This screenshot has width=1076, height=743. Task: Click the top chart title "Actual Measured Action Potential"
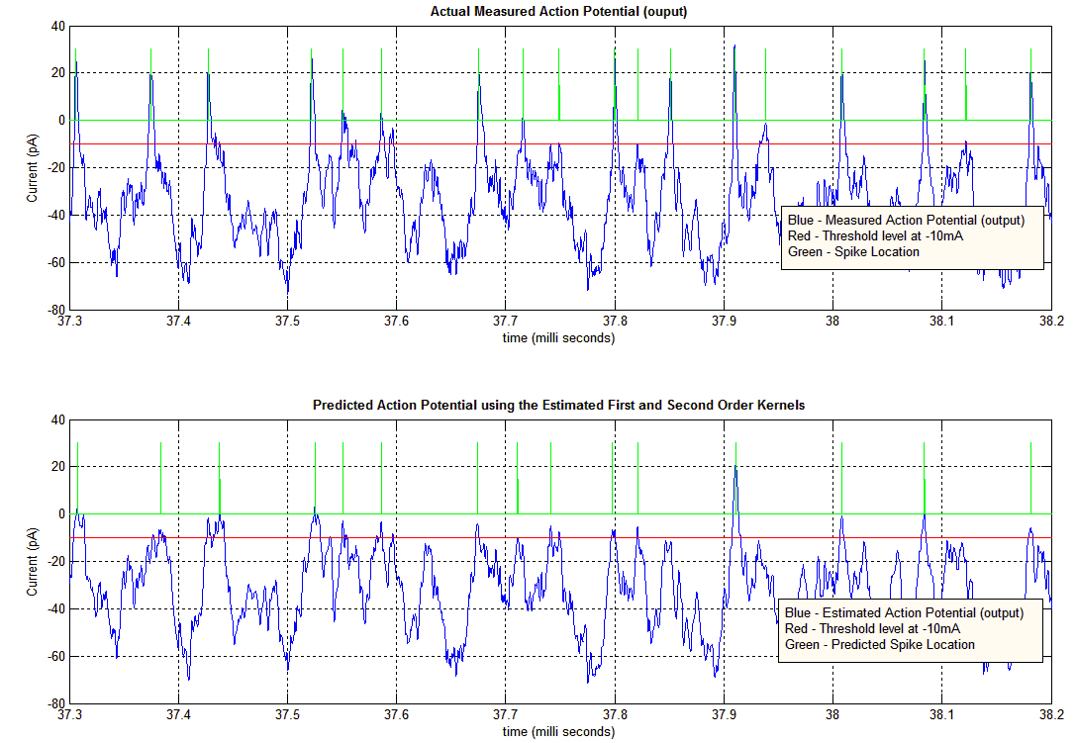[x=558, y=12]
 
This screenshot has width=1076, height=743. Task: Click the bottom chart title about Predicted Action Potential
[x=558, y=405]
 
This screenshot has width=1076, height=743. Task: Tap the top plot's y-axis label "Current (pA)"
[x=33, y=167]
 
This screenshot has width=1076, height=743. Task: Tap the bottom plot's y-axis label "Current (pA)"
[x=33, y=561]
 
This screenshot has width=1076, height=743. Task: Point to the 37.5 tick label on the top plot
[x=287, y=322]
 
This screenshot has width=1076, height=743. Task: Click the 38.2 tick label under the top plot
[x=1050, y=322]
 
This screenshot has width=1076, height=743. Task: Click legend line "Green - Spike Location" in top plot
[x=853, y=251]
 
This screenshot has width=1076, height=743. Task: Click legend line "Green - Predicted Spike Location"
[x=880, y=644]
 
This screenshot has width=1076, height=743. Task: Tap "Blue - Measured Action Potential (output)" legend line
[x=906, y=220]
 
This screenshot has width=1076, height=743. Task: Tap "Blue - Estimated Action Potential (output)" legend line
[x=905, y=612]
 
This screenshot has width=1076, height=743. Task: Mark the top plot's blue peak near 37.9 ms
[x=734, y=46]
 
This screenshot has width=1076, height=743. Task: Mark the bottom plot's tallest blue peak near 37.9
[x=735, y=465]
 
